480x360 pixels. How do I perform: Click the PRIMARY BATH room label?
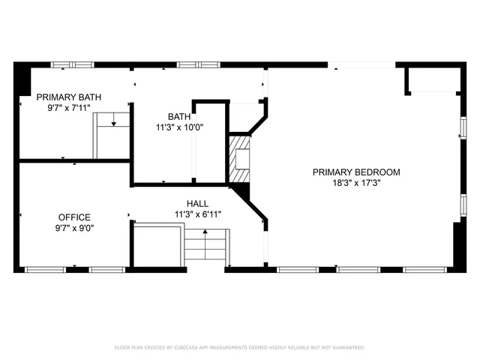[69, 97]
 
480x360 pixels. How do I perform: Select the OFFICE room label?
[74, 217]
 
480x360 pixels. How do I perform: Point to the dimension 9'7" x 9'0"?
[74, 228]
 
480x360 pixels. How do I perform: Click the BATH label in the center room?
[178, 116]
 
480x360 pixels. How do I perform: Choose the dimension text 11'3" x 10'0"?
[178, 127]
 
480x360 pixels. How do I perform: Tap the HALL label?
[197, 203]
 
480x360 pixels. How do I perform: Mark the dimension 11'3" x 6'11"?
[197, 214]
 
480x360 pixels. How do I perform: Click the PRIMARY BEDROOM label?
[356, 172]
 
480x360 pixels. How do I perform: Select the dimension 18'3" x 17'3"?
[356, 182]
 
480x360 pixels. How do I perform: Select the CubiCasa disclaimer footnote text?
[240, 347]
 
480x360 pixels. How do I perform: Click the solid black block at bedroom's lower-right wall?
[458, 244]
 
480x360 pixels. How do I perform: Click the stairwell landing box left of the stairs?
[158, 246]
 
